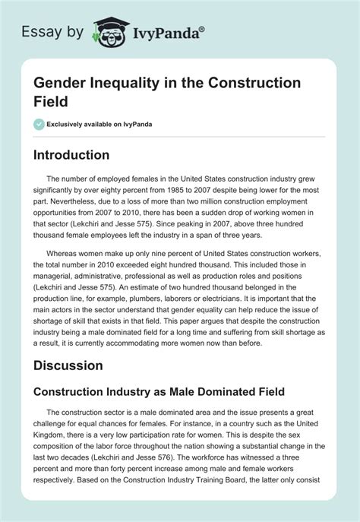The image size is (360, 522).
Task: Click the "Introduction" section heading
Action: coord(81,155)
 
